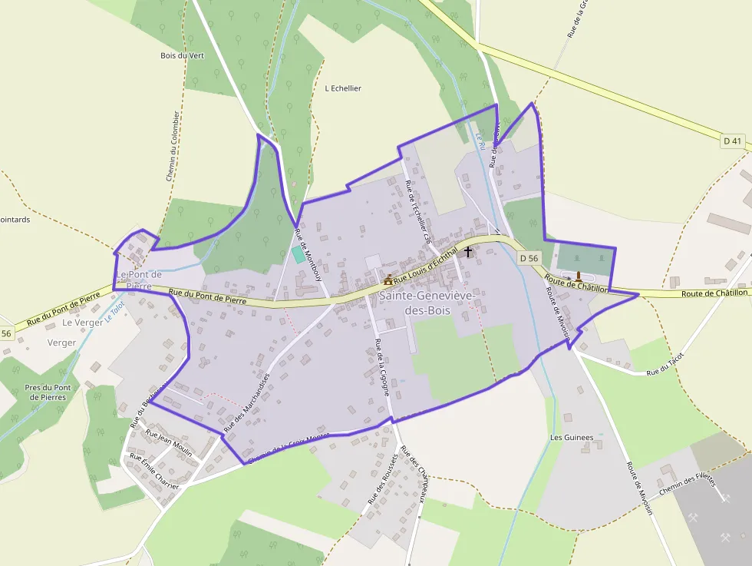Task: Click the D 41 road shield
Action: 733,141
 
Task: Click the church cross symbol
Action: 468,252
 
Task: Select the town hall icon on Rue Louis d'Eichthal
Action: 389,280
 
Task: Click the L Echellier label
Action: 343,88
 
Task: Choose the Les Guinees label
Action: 572,437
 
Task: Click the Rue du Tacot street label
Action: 665,366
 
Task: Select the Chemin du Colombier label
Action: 173,146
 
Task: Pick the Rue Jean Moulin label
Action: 169,444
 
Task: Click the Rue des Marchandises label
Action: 247,402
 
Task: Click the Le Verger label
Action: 83,323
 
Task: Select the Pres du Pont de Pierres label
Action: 48,392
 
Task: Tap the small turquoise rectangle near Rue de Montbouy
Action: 298,253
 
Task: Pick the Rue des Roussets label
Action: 383,478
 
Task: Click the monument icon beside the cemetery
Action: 579,275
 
